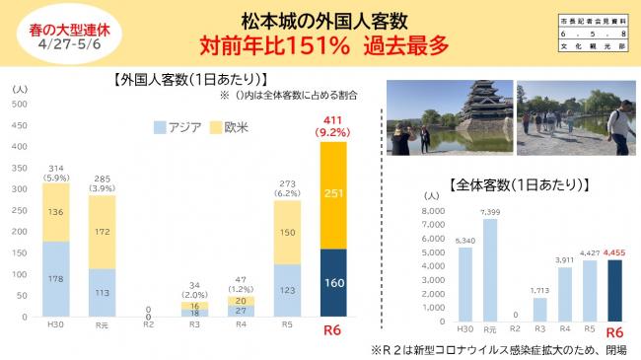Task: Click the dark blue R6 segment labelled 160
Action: (x=334, y=283)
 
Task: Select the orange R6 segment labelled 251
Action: (x=334, y=194)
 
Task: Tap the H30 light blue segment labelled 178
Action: (x=55, y=279)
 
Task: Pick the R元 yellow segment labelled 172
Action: (x=104, y=232)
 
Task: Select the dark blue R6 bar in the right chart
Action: (x=615, y=292)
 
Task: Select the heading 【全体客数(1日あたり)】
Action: (x=519, y=182)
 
